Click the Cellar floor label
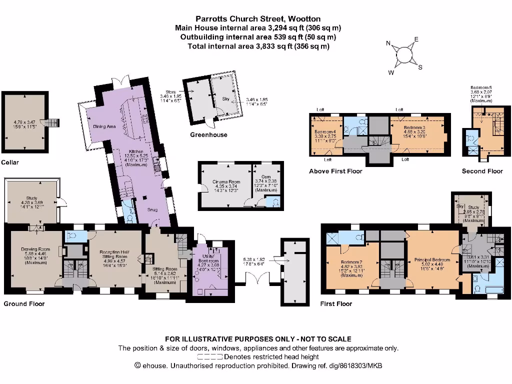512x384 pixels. coord(10,162)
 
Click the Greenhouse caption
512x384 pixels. coord(208,134)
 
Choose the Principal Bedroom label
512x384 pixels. coord(432,260)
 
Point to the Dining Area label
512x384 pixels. coord(104,126)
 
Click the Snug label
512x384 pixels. coord(152,209)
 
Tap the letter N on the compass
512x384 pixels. coord(388,43)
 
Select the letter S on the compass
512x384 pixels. coord(420,67)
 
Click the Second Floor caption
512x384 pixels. coord(482,171)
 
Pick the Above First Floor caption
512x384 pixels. coord(335,171)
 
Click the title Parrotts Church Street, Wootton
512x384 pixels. coord(258,19)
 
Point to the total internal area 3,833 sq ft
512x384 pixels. coord(258,46)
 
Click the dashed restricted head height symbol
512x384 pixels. coord(210,357)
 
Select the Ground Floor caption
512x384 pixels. coord(24,303)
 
